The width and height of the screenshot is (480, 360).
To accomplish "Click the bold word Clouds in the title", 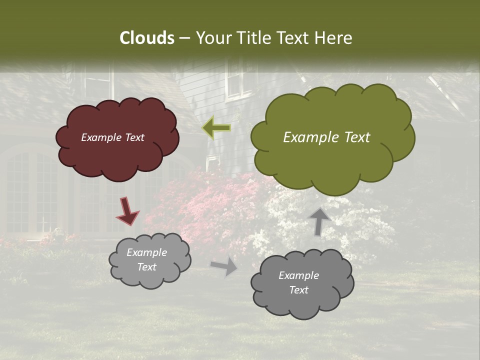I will pos(146,38).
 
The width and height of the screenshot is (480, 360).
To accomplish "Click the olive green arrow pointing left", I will pos(216,128).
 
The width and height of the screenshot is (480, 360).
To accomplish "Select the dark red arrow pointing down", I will pos(127,211).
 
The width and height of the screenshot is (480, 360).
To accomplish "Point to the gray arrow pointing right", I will pos(224,266).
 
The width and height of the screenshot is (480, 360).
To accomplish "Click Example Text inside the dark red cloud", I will pos(112,137).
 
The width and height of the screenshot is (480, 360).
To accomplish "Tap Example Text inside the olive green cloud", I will pos(326,137).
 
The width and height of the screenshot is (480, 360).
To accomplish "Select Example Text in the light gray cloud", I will pos(146,260).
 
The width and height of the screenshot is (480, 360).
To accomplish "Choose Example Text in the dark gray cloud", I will pos(298,282).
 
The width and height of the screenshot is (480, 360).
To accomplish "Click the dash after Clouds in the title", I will pos(184,38).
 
